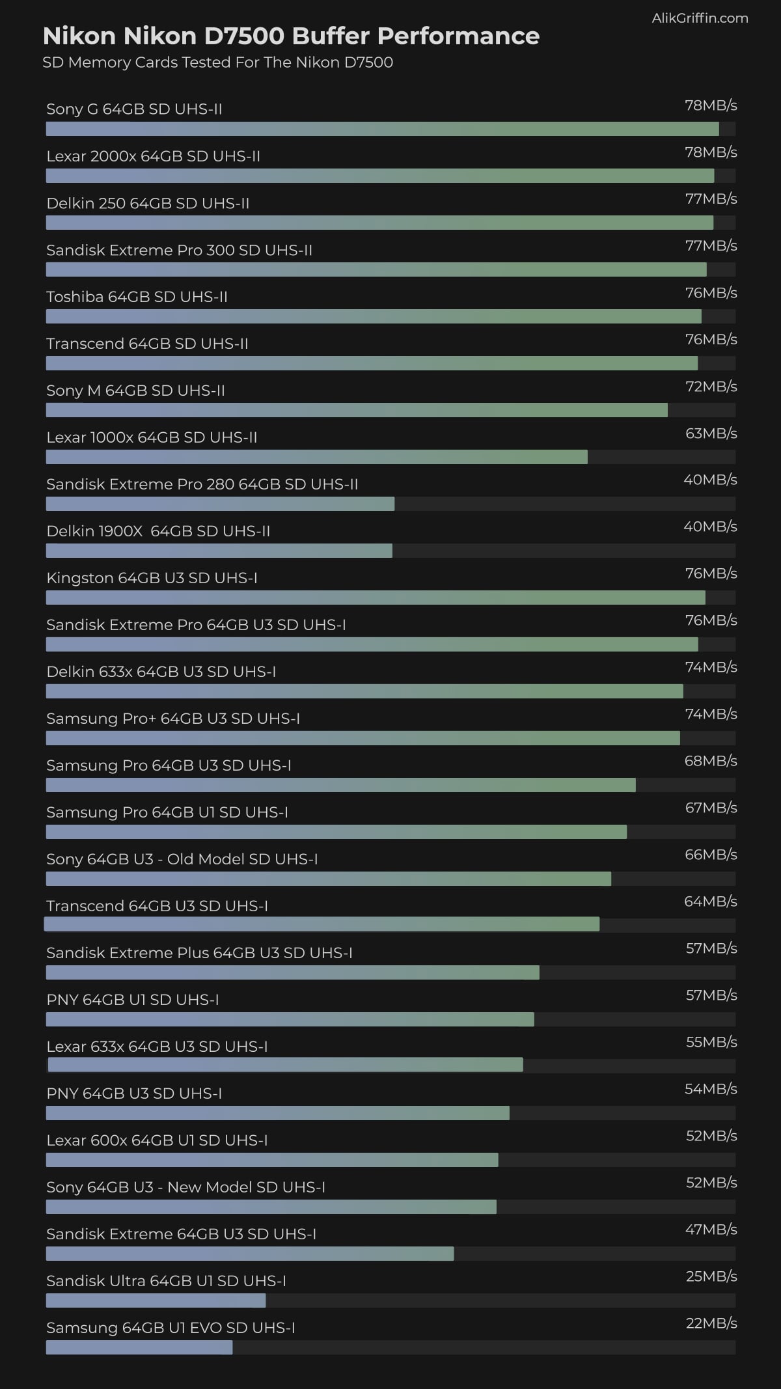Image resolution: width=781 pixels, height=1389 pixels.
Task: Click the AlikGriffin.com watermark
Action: pos(700,18)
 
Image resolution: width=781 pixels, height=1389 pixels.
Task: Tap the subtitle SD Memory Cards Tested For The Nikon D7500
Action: pos(217,62)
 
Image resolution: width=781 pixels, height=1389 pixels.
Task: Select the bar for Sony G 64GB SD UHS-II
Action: pos(382,129)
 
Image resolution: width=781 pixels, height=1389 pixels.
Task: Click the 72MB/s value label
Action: pos(711,387)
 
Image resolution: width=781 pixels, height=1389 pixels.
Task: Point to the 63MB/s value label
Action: pos(711,433)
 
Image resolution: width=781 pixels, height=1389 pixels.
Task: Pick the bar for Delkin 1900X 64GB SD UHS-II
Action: pos(219,551)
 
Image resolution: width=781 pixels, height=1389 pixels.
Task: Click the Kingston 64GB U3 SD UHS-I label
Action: pos(152,578)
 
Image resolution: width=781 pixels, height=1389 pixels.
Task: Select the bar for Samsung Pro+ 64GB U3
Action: pos(363,738)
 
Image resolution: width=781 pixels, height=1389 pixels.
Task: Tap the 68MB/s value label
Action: pos(711,761)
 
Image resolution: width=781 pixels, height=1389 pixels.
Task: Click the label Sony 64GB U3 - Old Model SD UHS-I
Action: pos(182,859)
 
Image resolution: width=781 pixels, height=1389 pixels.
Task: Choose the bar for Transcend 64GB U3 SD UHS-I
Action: pos(322,924)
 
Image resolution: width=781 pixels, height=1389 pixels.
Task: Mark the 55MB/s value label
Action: pos(711,1042)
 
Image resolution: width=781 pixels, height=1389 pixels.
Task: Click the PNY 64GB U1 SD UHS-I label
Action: pos(133,1000)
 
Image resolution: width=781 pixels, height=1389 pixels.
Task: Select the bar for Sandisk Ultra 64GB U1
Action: pos(156,1300)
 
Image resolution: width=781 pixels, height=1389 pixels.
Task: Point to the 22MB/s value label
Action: pos(711,1323)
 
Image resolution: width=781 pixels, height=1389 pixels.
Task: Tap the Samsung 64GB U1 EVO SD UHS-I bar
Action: pos(139,1347)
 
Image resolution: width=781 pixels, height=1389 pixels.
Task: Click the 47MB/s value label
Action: pos(711,1230)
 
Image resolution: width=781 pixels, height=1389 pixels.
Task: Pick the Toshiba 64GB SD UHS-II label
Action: pos(137,297)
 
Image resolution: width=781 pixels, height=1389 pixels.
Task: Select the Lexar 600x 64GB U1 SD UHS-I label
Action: pos(157,1140)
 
